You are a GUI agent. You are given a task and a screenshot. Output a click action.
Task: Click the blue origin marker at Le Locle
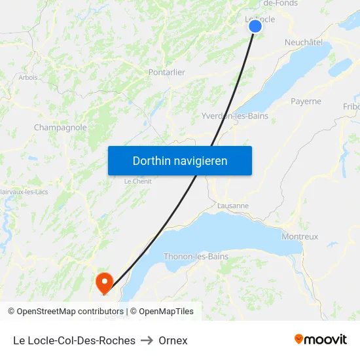(255, 26)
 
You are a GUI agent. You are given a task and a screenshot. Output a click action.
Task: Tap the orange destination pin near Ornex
(104, 282)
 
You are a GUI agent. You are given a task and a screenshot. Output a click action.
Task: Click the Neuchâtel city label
(303, 42)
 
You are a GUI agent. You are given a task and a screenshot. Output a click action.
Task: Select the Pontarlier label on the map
(166, 72)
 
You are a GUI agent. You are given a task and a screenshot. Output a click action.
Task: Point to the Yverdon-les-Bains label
(235, 116)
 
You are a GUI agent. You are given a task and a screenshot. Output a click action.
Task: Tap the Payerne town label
(306, 101)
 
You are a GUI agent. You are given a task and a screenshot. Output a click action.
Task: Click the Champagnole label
(60, 128)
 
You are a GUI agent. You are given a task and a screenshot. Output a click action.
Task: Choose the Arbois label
(28, 77)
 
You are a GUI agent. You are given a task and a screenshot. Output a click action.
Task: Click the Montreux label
(299, 236)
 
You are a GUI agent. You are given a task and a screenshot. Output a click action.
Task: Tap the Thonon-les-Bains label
(196, 257)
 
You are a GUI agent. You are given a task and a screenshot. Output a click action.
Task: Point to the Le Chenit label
(137, 181)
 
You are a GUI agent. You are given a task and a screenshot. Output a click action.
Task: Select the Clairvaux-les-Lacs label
(24, 192)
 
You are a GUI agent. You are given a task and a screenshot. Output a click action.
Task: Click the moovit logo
(320, 340)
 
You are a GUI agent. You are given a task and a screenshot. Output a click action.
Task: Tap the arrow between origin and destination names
(147, 340)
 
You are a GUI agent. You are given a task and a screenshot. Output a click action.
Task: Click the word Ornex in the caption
(173, 340)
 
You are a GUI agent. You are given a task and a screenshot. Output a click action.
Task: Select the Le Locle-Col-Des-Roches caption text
(74, 340)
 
